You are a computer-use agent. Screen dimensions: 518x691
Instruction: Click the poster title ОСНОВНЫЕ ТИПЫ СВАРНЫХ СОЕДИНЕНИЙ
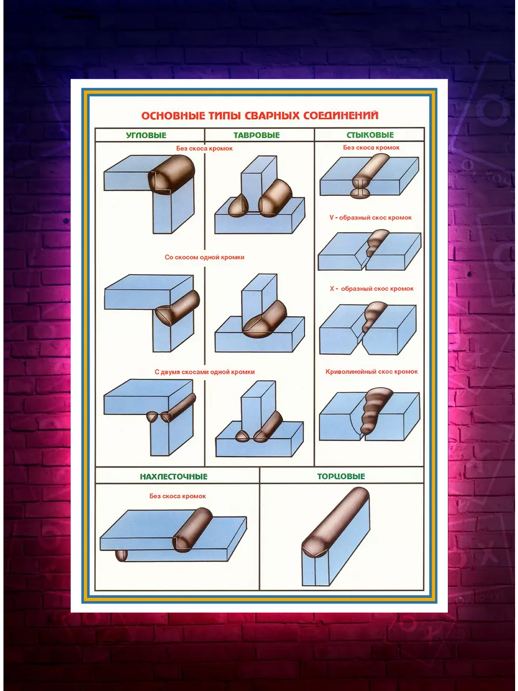[x=260, y=116]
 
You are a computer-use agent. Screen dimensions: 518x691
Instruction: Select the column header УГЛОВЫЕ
[x=146, y=135]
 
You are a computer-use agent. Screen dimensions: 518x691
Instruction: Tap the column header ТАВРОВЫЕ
[x=256, y=135]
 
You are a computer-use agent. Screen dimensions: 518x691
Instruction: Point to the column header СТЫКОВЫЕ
[x=370, y=135]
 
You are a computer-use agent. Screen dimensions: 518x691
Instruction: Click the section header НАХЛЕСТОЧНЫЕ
[x=174, y=476]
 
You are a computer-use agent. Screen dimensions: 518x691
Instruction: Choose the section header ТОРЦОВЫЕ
[x=341, y=476]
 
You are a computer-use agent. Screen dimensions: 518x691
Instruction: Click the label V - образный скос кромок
[x=370, y=218]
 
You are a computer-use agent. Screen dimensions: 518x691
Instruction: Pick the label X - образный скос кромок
[x=371, y=288]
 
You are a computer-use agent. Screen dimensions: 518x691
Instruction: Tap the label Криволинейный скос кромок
[x=371, y=371]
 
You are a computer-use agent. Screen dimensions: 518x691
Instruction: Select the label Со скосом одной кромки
[x=204, y=257]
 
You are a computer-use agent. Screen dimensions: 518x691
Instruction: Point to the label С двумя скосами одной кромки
[x=204, y=372]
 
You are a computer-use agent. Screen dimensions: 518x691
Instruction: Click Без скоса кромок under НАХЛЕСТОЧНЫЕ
[x=177, y=496]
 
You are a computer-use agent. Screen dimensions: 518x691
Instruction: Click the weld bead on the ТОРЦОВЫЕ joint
[x=335, y=523]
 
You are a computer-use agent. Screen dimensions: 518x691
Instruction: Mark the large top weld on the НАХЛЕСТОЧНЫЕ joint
[x=192, y=530]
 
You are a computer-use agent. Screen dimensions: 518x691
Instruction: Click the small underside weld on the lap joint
[x=121, y=555]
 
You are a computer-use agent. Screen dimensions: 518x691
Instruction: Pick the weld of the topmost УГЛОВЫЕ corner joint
[x=172, y=174]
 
